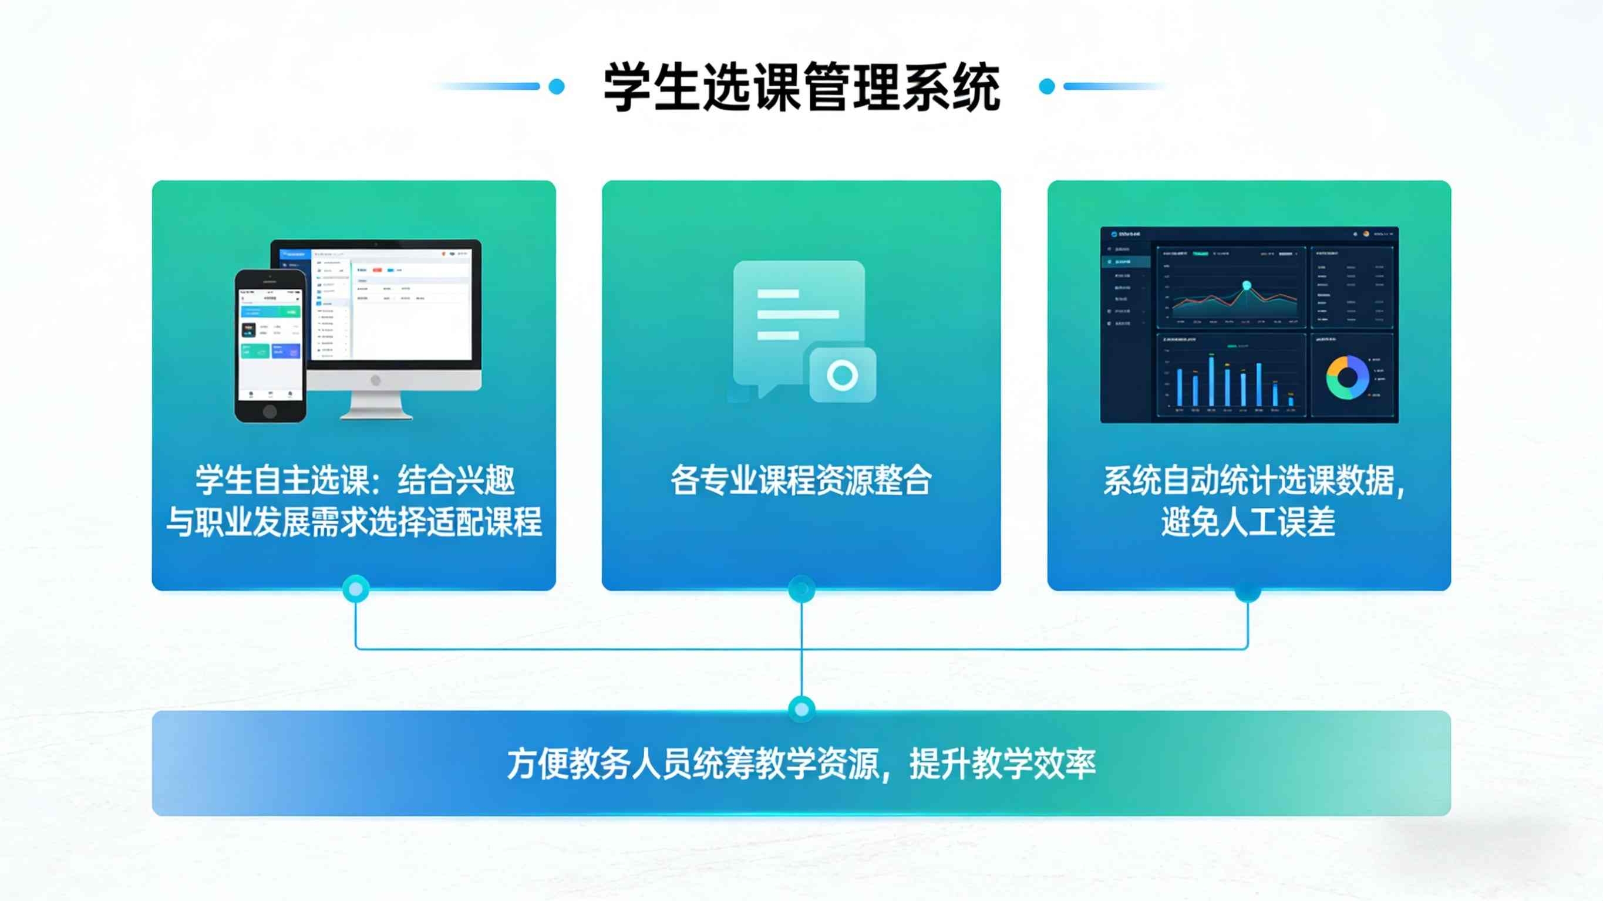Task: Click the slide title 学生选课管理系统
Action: pyautogui.click(x=801, y=87)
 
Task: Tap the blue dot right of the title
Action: pyautogui.click(x=1048, y=86)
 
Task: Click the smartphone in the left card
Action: pyautogui.click(x=270, y=345)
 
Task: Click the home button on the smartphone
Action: pyautogui.click(x=270, y=411)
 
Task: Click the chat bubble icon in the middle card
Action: pyautogui.click(x=790, y=318)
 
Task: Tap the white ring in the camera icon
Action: pyautogui.click(x=843, y=375)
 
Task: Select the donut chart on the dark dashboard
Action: pyautogui.click(x=1347, y=377)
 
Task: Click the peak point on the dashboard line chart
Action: pyautogui.click(x=1247, y=286)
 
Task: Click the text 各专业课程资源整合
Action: pyautogui.click(x=801, y=480)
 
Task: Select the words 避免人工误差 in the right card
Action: pyautogui.click(x=1248, y=521)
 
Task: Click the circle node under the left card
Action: pyautogui.click(x=356, y=589)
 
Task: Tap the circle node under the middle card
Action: pyautogui.click(x=801, y=589)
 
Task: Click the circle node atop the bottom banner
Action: pyautogui.click(x=801, y=708)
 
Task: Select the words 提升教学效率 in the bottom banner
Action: pyautogui.click(x=1002, y=764)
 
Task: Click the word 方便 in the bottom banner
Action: pyautogui.click(x=537, y=764)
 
